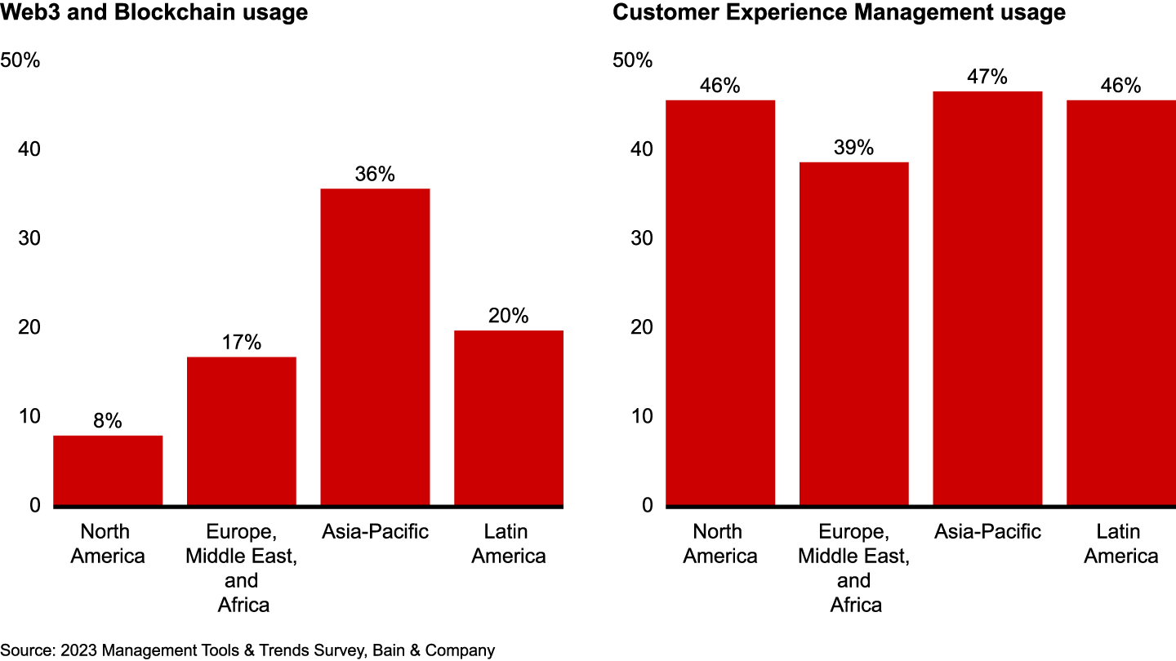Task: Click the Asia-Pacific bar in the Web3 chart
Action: coord(375,347)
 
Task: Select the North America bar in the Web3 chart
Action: coord(108,471)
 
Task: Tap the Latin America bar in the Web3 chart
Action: coord(509,418)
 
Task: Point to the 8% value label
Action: coord(108,421)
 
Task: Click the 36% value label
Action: coord(375,174)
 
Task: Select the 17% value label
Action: coord(242,343)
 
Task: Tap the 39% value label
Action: coord(854,148)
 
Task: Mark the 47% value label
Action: coord(987,78)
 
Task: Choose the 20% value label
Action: coord(509,316)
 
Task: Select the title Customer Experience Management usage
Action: coord(839,13)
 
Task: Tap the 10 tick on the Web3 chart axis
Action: coord(30,416)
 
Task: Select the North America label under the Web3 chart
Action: coord(108,543)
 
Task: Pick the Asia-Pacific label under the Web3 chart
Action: coord(375,532)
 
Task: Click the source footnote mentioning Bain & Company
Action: coord(247,650)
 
